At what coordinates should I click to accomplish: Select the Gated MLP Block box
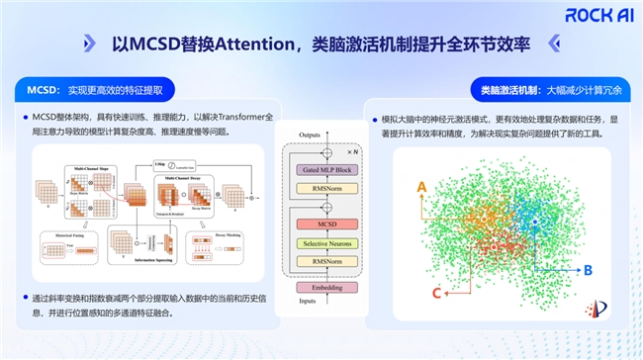click(x=321, y=170)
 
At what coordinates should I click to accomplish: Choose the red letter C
click(x=436, y=292)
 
